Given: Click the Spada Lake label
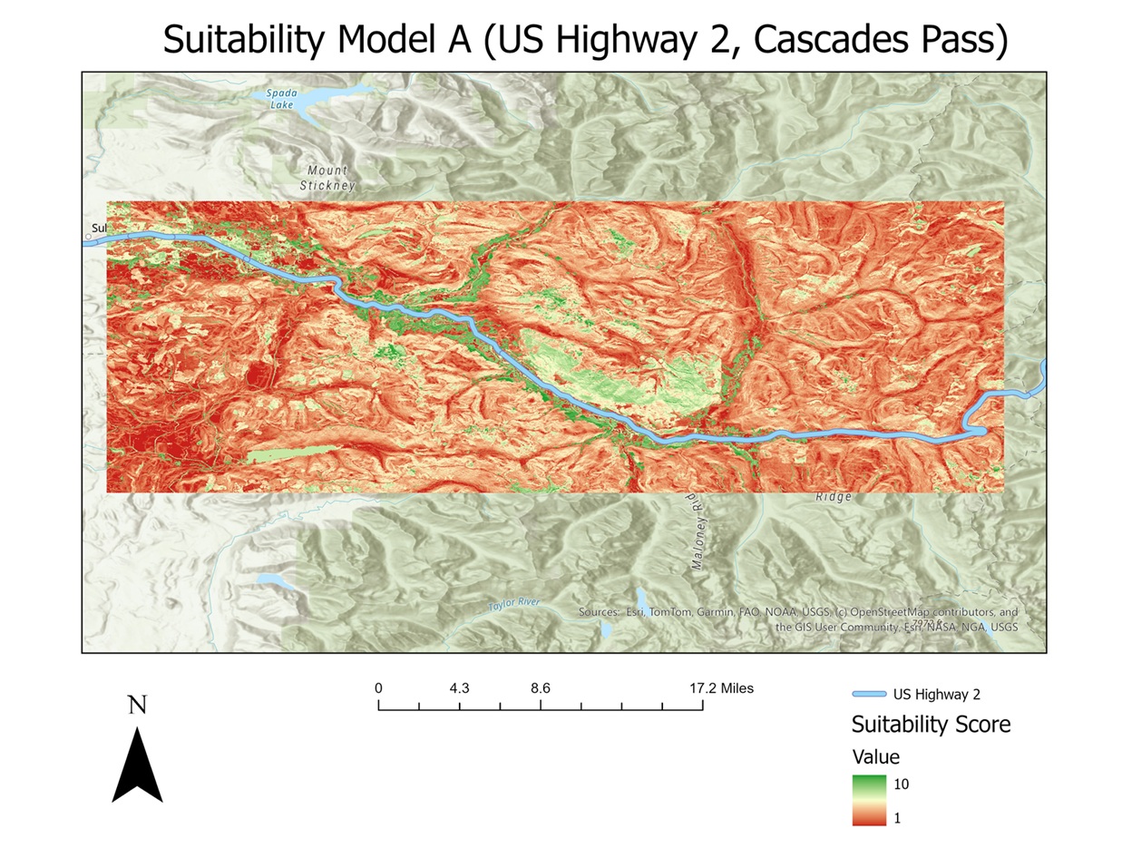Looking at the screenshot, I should (x=282, y=99).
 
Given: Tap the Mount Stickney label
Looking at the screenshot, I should (x=327, y=178).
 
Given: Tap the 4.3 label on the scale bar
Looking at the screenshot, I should (x=459, y=688).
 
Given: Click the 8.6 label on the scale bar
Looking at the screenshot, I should (x=541, y=688).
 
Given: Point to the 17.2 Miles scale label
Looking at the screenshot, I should (x=721, y=688).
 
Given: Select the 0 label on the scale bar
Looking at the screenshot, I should (x=378, y=688).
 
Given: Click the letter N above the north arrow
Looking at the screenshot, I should (x=137, y=706).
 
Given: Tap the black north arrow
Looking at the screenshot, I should (x=137, y=767).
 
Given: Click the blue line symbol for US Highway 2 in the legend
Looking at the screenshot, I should (x=868, y=695).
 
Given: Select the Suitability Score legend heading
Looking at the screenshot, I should (x=931, y=725).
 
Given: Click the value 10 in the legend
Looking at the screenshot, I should (x=901, y=784).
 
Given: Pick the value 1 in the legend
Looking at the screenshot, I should (x=897, y=818).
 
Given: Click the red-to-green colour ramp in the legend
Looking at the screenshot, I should (x=869, y=800).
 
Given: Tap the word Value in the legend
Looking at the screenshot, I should (x=876, y=757).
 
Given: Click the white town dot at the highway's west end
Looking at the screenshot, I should (x=89, y=238).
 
